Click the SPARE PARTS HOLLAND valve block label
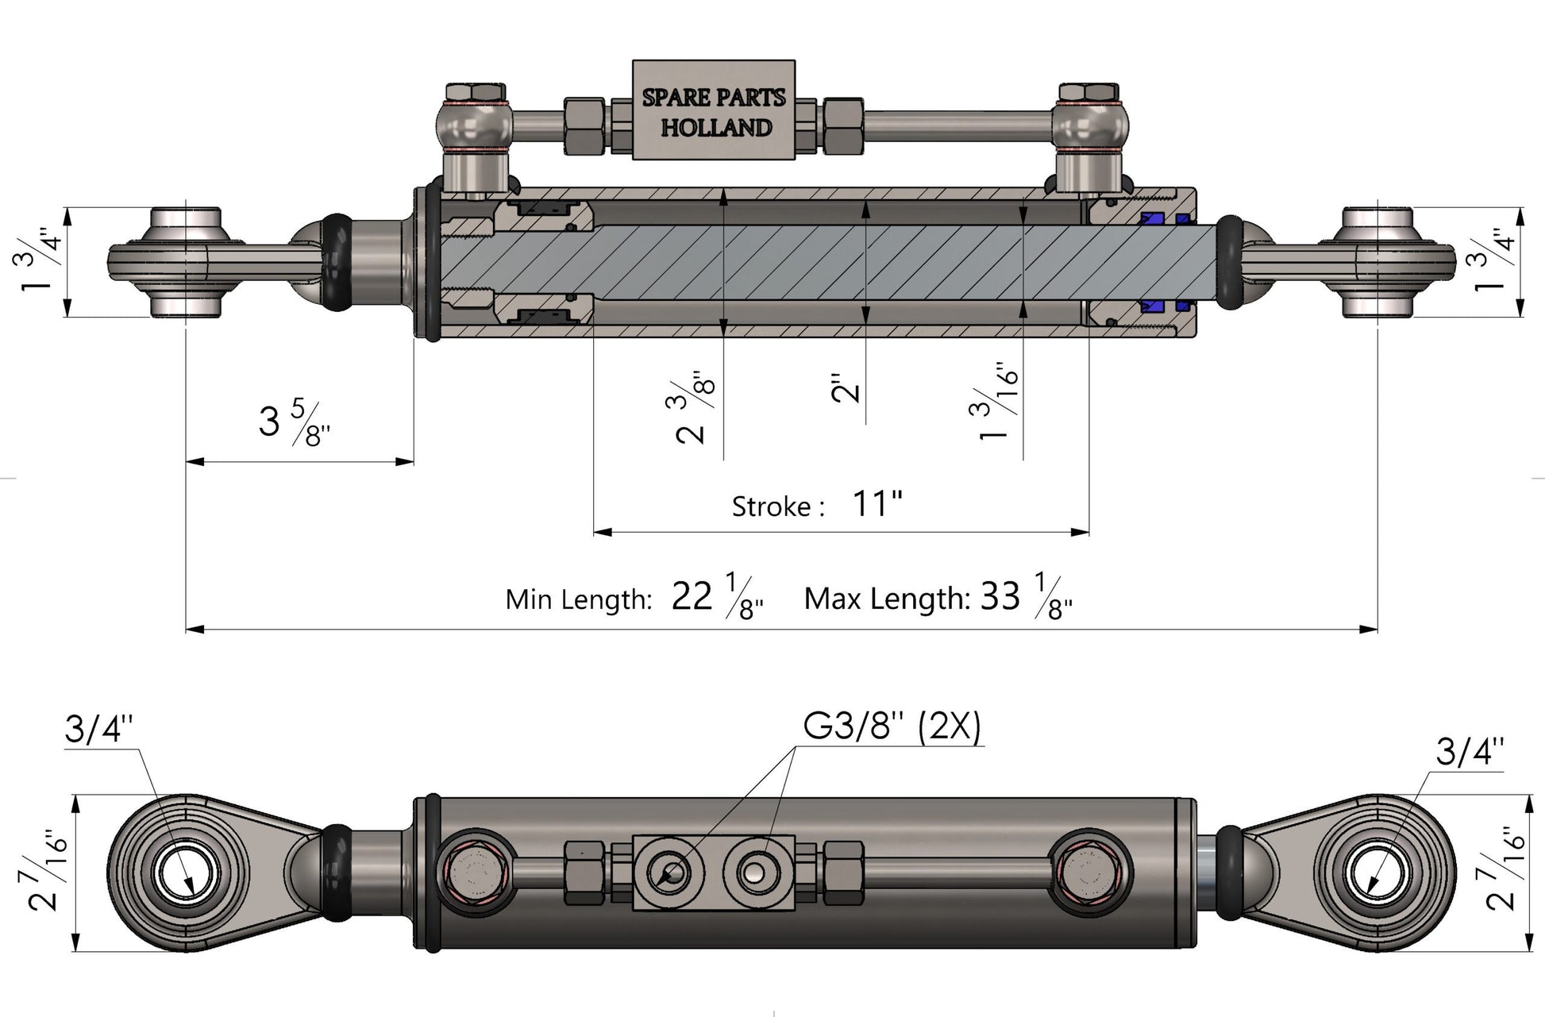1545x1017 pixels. coord(714,110)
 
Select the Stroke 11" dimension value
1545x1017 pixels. coord(877,503)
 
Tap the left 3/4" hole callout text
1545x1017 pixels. coord(98,729)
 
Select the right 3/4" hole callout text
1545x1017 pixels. coord(1470,751)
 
